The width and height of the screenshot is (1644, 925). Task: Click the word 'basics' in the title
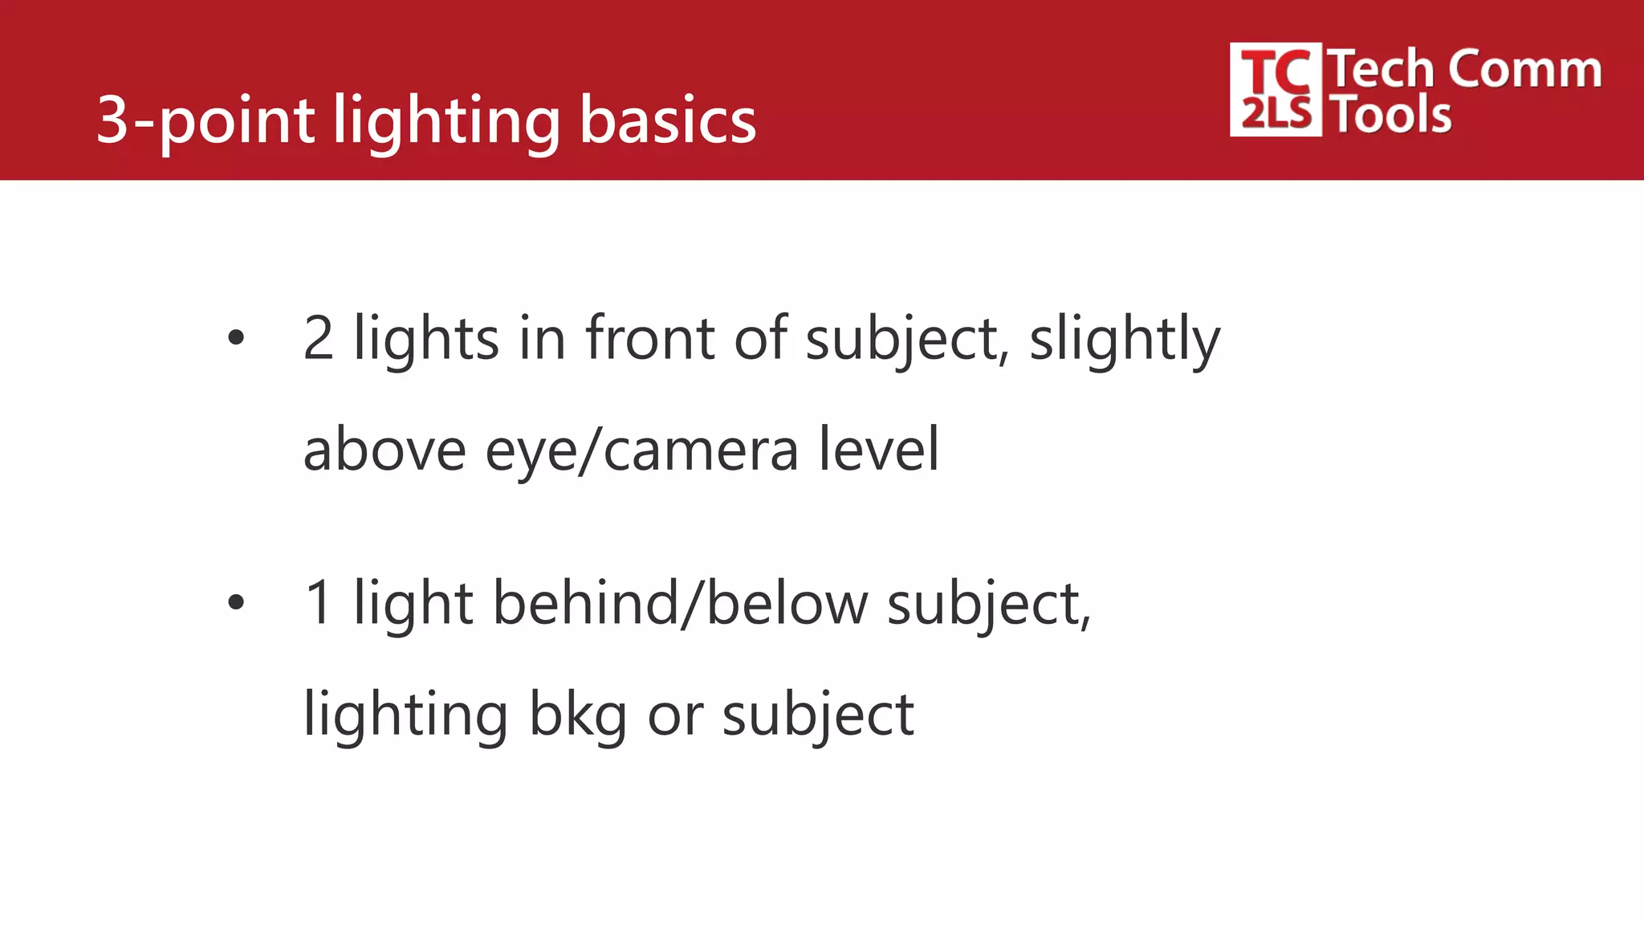[668, 120]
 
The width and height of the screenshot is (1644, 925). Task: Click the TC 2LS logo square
[1275, 90]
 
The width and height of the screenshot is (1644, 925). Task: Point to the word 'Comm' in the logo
[1525, 69]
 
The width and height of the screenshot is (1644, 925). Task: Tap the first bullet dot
[235, 338]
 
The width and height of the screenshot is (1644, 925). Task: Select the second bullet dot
[235, 602]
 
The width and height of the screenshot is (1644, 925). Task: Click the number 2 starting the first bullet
[319, 339]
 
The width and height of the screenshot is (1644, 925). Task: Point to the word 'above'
[385, 450]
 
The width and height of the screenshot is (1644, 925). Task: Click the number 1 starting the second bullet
[319, 604]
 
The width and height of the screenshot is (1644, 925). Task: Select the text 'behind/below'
[680, 604]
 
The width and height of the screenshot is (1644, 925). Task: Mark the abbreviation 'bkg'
[578, 715]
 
